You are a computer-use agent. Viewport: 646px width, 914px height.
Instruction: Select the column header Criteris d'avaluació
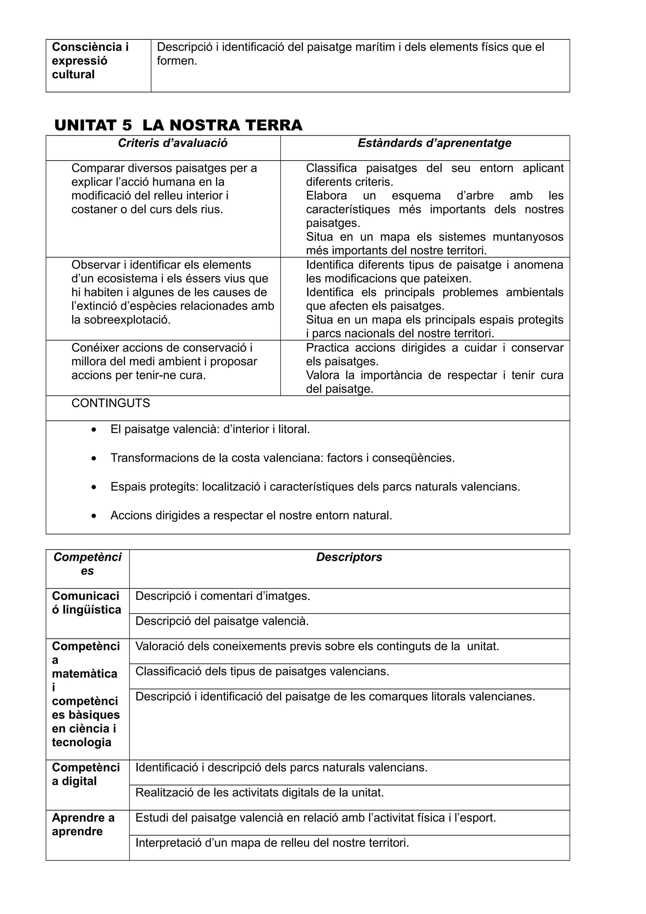[173, 143]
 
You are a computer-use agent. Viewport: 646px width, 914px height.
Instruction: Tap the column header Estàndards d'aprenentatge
[434, 143]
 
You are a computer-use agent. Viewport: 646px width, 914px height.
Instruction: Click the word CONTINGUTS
[111, 403]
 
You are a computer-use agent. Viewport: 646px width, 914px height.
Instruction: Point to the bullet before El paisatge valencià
[94, 430]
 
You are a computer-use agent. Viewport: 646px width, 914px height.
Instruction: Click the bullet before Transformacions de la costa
[94, 459]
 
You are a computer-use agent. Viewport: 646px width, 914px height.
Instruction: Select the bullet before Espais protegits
[94, 487]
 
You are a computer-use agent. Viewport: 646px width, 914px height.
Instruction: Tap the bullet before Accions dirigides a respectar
[94, 516]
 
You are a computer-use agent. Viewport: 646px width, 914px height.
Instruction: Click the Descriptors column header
[349, 557]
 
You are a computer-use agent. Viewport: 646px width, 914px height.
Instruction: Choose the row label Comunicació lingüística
[86, 603]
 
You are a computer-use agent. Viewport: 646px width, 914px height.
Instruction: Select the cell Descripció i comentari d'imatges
[222, 596]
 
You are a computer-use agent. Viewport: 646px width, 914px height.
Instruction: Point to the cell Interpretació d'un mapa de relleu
[272, 843]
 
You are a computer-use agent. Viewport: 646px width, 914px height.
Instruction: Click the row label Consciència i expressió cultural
[90, 61]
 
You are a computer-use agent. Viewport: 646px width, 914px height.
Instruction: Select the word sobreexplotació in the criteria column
[121, 320]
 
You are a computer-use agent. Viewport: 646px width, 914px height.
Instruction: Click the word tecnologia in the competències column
[82, 742]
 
